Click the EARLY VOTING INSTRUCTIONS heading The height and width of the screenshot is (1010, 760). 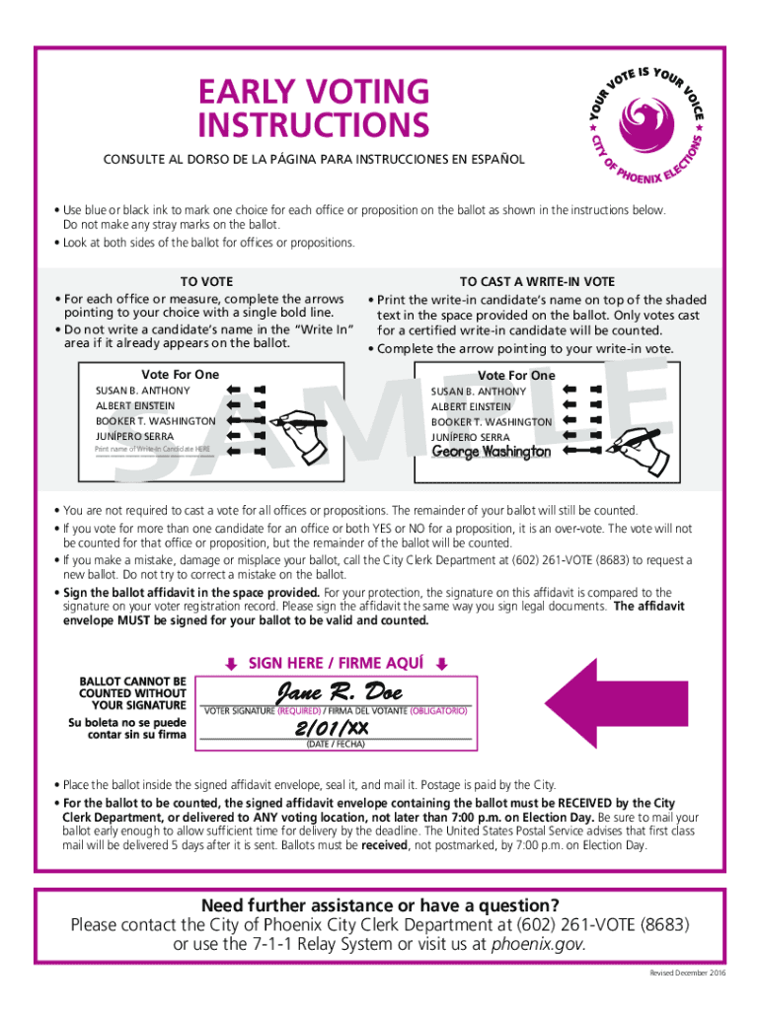(x=313, y=108)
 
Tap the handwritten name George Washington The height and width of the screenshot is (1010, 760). (x=492, y=452)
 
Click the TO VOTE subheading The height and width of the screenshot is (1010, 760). (x=206, y=282)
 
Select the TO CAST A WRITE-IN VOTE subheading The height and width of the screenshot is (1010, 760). (x=537, y=282)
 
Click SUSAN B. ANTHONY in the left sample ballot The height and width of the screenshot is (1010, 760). (x=143, y=391)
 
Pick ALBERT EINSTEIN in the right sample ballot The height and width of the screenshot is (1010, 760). (x=471, y=406)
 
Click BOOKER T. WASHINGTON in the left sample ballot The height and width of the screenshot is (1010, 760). (x=155, y=421)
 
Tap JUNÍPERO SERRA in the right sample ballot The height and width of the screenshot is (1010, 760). (x=470, y=437)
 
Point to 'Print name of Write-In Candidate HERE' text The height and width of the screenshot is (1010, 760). (x=152, y=450)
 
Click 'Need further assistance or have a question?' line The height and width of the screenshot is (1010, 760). (x=380, y=905)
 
